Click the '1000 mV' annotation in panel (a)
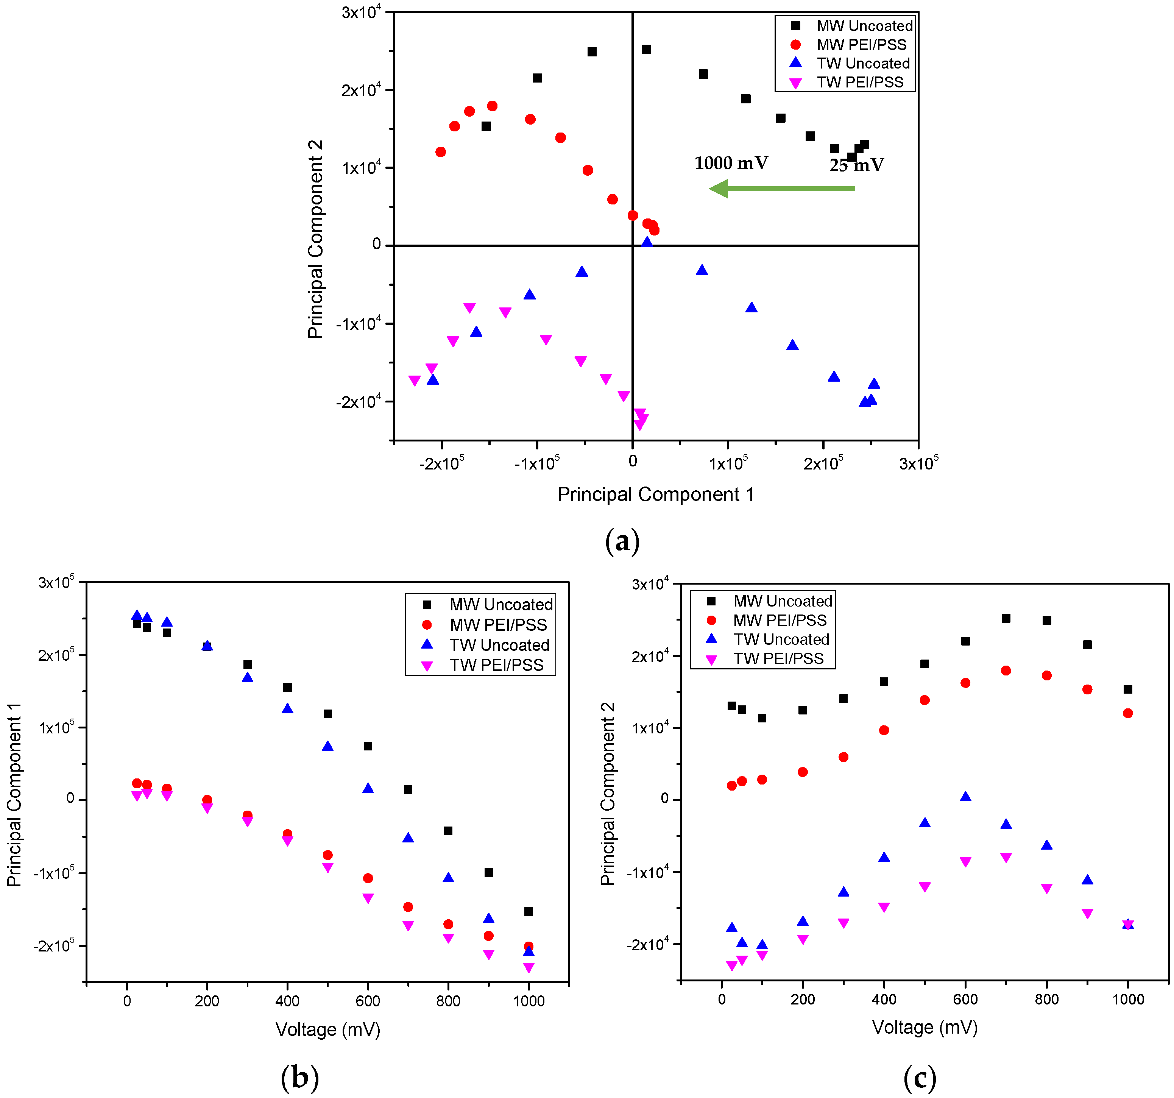click(731, 163)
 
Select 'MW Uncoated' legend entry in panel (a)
click(864, 26)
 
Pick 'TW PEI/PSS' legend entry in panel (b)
click(496, 665)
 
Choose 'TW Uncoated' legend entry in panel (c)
click(781, 639)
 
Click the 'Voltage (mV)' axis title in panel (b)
click(328, 1029)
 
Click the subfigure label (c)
click(920, 1078)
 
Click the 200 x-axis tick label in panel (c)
click(803, 999)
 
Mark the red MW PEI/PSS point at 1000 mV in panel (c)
click(1128, 713)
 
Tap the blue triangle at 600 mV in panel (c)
click(965, 797)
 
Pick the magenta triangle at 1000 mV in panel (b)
click(529, 967)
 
